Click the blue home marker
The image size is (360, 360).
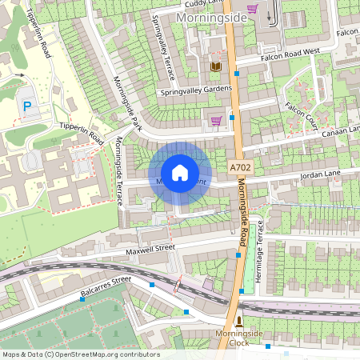[x=180, y=172]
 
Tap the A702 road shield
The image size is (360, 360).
[x=241, y=168]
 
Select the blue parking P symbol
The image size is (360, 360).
[x=28, y=106]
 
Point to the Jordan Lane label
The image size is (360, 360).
[x=320, y=174]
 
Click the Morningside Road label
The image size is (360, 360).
[x=244, y=216]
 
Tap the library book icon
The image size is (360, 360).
[x=216, y=66]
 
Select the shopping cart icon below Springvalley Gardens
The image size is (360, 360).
[x=215, y=121]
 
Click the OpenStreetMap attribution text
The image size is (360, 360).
[x=80, y=354]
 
